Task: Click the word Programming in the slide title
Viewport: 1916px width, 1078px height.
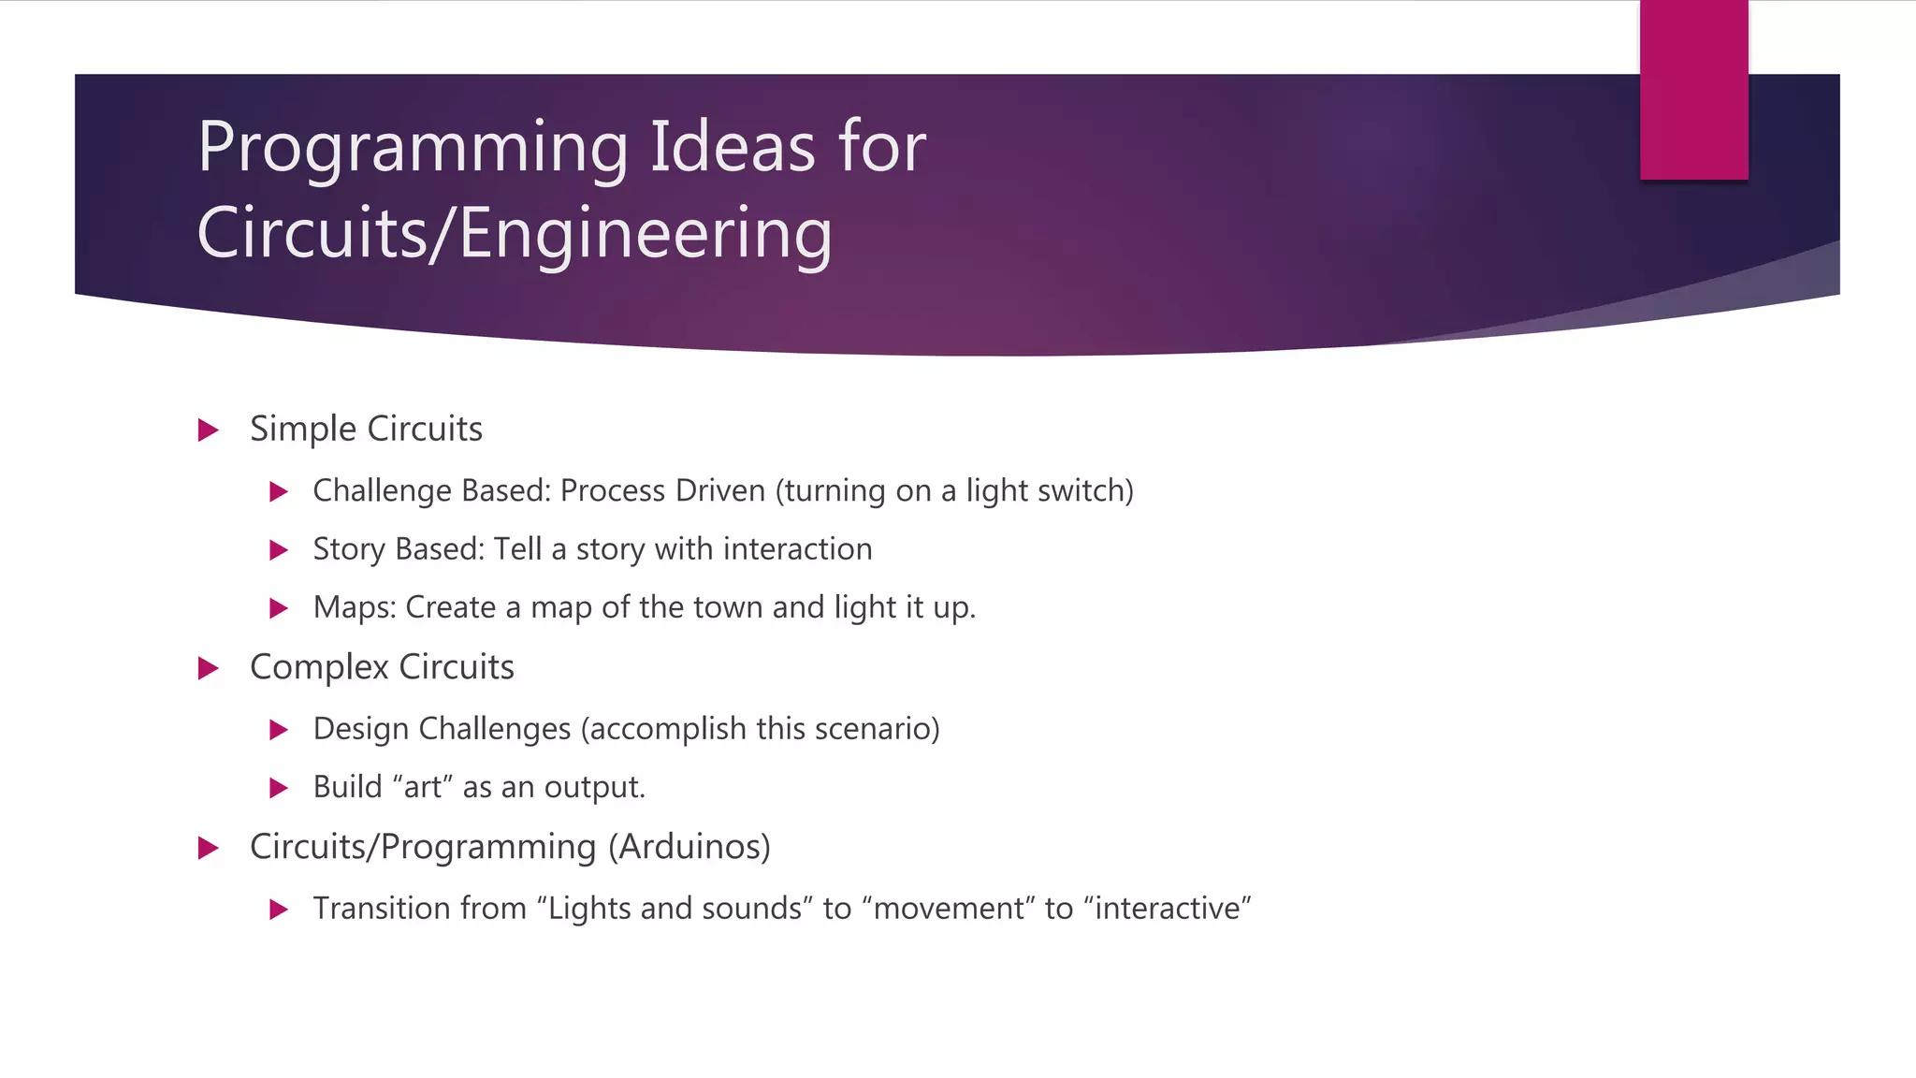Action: click(413, 148)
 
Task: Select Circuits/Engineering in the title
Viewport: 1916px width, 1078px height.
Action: click(514, 233)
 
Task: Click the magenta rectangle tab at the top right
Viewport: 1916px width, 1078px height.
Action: click(1693, 90)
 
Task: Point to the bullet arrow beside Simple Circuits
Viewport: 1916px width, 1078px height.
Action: click(209, 430)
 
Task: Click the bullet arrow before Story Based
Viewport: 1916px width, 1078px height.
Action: click(278, 550)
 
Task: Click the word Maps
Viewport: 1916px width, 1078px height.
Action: click(355, 608)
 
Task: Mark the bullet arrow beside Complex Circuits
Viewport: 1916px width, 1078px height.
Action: click(209, 668)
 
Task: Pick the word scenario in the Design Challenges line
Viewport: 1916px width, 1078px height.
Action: click(877, 729)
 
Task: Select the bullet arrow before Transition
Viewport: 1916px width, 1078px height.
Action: click(278, 909)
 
